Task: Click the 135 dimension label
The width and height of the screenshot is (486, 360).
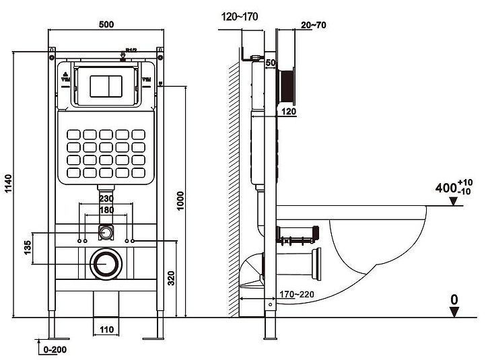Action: click(27, 248)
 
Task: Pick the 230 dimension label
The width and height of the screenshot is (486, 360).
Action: click(106, 199)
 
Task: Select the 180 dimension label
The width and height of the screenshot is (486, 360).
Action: click(106, 210)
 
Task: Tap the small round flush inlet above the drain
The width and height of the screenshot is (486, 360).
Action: click(105, 233)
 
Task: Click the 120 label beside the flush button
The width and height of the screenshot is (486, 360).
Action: click(288, 111)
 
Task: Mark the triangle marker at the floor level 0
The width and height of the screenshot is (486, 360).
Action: click(456, 311)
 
